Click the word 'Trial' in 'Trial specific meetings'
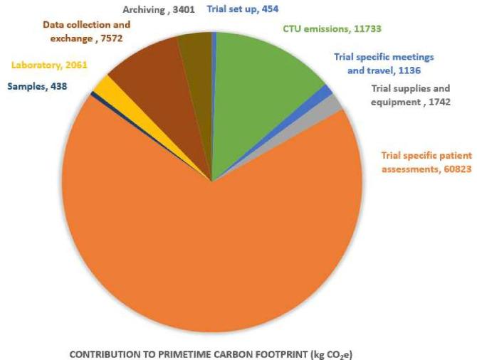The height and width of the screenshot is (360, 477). [346, 57]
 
